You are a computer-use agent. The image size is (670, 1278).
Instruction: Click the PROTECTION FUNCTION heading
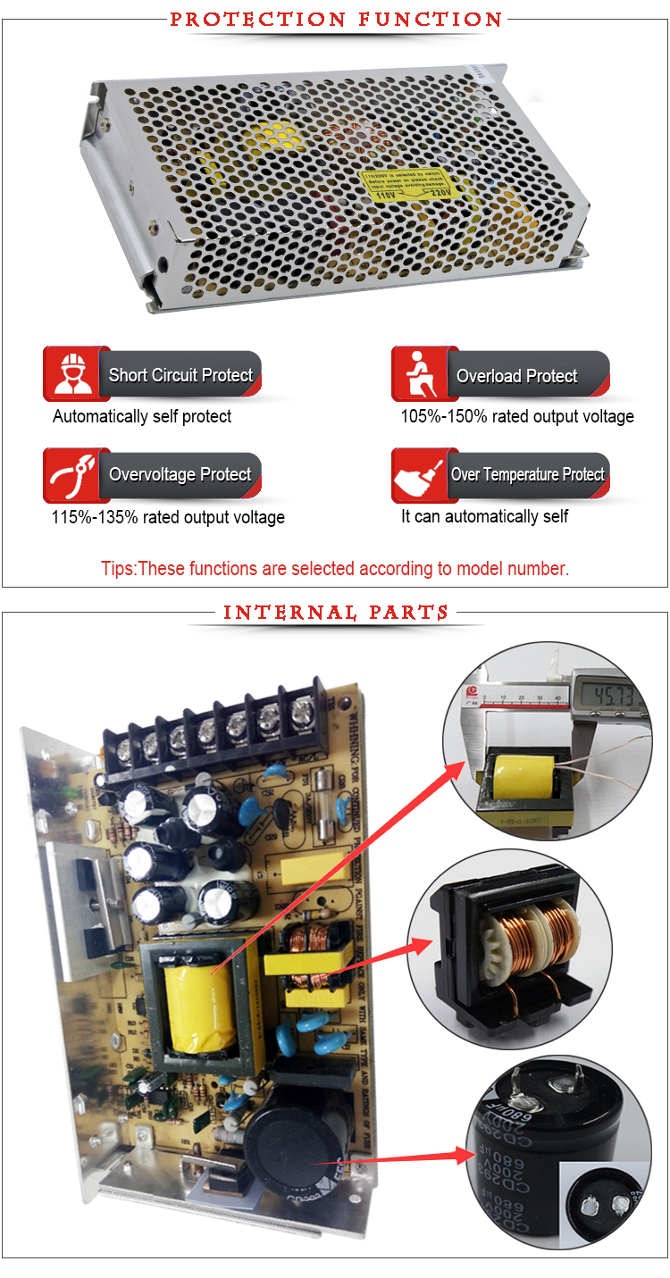[336, 19]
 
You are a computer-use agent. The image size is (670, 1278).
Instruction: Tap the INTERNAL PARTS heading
[336, 613]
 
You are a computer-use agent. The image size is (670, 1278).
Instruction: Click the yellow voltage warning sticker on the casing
[411, 185]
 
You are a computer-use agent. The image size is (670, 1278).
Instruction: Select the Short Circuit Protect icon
[74, 374]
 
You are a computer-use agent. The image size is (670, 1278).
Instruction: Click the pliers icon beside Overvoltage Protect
[74, 474]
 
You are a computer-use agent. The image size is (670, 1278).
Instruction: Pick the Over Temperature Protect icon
[423, 474]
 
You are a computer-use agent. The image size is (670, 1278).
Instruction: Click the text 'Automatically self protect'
[142, 416]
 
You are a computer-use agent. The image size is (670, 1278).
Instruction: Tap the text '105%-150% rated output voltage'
[516, 416]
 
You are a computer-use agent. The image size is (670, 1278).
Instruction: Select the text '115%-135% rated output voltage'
[168, 517]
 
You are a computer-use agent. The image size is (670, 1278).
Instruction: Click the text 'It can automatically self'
[484, 516]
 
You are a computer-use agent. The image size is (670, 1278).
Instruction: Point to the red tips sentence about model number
[335, 569]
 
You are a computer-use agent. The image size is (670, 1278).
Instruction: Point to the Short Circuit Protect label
[180, 375]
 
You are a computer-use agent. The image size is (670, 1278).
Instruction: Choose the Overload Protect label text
[517, 376]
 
